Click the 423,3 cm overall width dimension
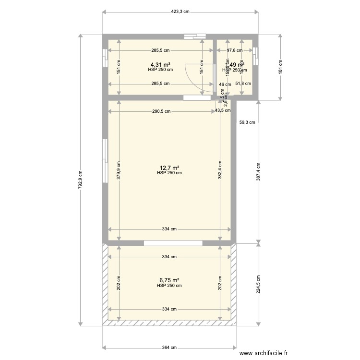click(180, 12)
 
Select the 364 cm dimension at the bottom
click(169, 348)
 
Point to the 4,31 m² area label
click(160, 64)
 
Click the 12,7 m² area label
click(169, 168)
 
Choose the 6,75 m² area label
click(169, 280)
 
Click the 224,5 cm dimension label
click(259, 284)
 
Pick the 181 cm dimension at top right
click(280, 68)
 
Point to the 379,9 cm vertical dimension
click(119, 170)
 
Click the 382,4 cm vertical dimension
click(220, 170)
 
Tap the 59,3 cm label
click(247, 122)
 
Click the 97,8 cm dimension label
click(234, 50)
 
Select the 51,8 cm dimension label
click(243, 84)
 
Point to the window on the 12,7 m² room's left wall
click(104, 161)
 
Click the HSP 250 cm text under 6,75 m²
click(169, 286)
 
